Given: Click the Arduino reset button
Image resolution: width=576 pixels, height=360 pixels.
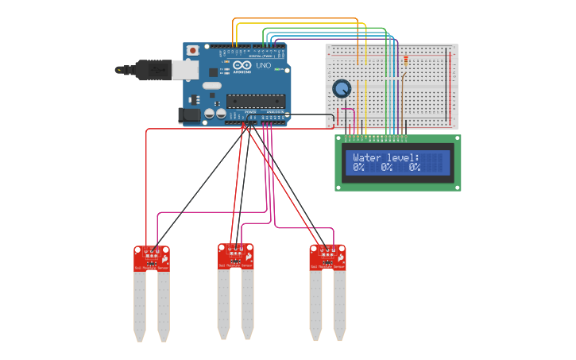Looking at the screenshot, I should coord(192,50).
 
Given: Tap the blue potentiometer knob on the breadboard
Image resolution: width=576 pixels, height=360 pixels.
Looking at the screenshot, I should coord(342,88).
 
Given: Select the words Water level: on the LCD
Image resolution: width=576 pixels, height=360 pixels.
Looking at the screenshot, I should coord(386,157).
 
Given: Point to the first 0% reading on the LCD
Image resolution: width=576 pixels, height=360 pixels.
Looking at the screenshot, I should coord(359,168).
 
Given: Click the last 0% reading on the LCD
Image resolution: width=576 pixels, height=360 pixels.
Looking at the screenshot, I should coord(415,168).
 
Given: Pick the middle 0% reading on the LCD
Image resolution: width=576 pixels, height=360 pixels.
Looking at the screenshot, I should coord(387,168).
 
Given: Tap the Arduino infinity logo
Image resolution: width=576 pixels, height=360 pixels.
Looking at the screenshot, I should coord(242,65).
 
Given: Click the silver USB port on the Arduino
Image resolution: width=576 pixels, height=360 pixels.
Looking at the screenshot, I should coord(185,70).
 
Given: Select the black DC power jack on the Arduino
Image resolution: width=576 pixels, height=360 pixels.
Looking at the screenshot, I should coord(191,115).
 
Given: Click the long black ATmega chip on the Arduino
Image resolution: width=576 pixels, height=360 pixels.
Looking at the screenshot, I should coord(255,100).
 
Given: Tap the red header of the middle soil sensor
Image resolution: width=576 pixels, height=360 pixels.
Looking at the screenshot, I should coord(235,256).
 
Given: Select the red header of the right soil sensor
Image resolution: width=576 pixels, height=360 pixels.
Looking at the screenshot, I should coord(327,257).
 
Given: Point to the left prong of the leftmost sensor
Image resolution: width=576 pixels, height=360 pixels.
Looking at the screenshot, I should coord(140,306).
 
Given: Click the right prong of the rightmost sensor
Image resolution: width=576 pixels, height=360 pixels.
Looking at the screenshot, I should coord(339,306).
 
